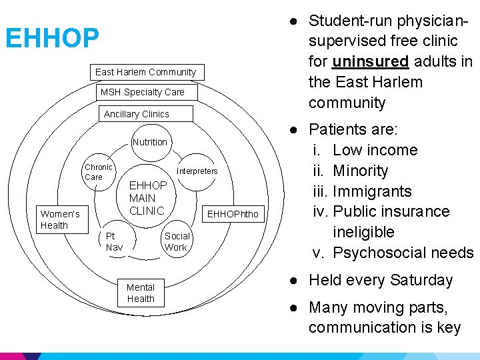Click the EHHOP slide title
52,39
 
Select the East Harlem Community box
145,72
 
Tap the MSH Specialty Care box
142,92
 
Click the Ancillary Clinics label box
137,114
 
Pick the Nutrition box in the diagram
150,142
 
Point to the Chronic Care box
98,172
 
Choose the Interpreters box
197,171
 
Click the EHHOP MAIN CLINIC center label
147,198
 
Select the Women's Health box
60,219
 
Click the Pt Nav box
115,241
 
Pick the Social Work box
177,241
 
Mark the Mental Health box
141,293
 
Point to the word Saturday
422,280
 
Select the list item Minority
360,171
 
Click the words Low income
375,150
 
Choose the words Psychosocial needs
403,253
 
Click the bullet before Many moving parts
294,307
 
